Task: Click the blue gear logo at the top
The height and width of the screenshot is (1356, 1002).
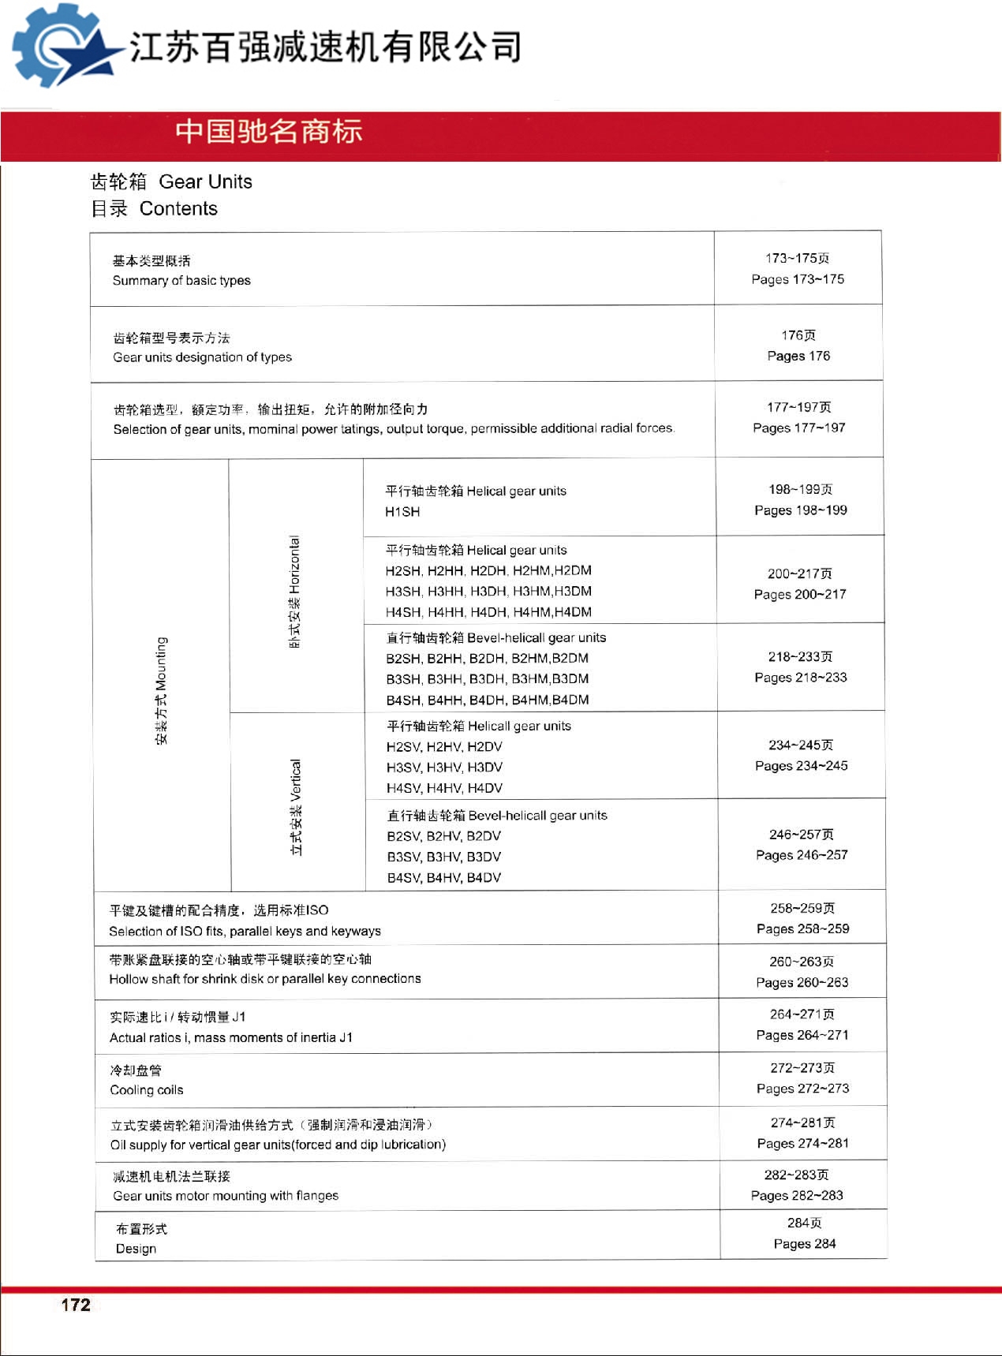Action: (x=59, y=46)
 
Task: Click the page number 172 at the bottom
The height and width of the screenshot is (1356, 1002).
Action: (x=76, y=1305)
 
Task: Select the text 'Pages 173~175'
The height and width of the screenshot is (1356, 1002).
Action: (x=798, y=279)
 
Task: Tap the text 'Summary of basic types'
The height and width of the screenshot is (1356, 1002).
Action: (x=181, y=281)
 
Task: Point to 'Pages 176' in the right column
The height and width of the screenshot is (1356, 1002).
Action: (x=798, y=357)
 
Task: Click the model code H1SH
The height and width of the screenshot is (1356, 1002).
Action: (x=402, y=512)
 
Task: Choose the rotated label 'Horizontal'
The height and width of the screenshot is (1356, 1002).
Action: (x=294, y=565)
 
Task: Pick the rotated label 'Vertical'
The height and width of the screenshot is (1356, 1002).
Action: (x=295, y=780)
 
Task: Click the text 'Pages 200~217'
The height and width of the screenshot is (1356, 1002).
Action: (x=800, y=595)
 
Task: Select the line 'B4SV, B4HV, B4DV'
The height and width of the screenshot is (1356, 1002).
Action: (x=443, y=878)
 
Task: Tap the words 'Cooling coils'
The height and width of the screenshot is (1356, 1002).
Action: (x=147, y=1090)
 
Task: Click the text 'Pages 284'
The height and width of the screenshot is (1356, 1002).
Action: (x=805, y=1244)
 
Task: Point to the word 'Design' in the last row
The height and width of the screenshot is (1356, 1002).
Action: (x=136, y=1249)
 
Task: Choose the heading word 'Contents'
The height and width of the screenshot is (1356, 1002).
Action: (x=178, y=209)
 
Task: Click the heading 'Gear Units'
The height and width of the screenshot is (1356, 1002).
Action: (x=205, y=182)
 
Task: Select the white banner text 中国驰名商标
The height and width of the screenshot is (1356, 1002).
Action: (x=269, y=132)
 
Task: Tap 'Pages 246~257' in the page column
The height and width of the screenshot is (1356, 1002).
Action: (x=802, y=855)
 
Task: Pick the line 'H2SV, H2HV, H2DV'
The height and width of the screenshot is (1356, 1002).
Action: (x=444, y=747)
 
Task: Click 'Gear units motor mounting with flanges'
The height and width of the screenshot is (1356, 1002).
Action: (x=226, y=1196)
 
